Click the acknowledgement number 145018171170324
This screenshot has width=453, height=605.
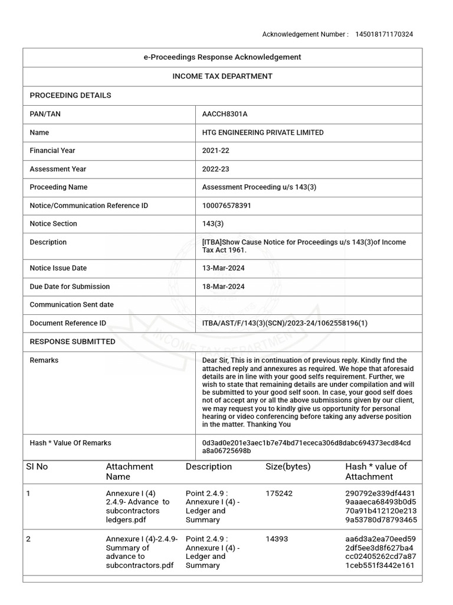point(383,34)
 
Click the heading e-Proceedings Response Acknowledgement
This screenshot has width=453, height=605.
point(222,57)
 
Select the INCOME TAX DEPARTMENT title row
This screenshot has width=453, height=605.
point(222,76)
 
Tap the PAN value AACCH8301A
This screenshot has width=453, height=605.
point(221,114)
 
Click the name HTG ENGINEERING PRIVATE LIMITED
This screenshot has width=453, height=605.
point(262,132)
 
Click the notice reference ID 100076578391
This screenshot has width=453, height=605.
point(226,206)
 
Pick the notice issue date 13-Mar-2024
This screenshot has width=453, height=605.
point(223,268)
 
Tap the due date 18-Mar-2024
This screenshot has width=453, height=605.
point(223,287)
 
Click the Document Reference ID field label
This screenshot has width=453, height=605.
point(68,323)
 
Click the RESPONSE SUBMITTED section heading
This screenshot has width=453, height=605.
point(73,341)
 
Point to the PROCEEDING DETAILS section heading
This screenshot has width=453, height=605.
point(70,95)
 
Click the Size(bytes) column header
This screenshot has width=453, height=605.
point(288,467)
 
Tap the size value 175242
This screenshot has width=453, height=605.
point(279,493)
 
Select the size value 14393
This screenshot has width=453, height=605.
point(277,539)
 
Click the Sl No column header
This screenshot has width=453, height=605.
point(37,467)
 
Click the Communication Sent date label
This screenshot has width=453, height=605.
point(71,305)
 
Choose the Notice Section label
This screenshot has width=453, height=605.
point(53,223)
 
